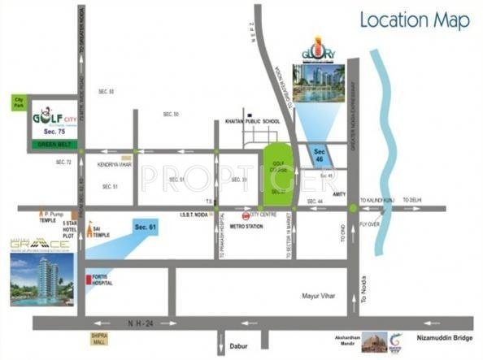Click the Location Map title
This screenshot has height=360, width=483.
coord(415,20)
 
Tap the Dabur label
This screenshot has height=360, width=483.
coord(237,345)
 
